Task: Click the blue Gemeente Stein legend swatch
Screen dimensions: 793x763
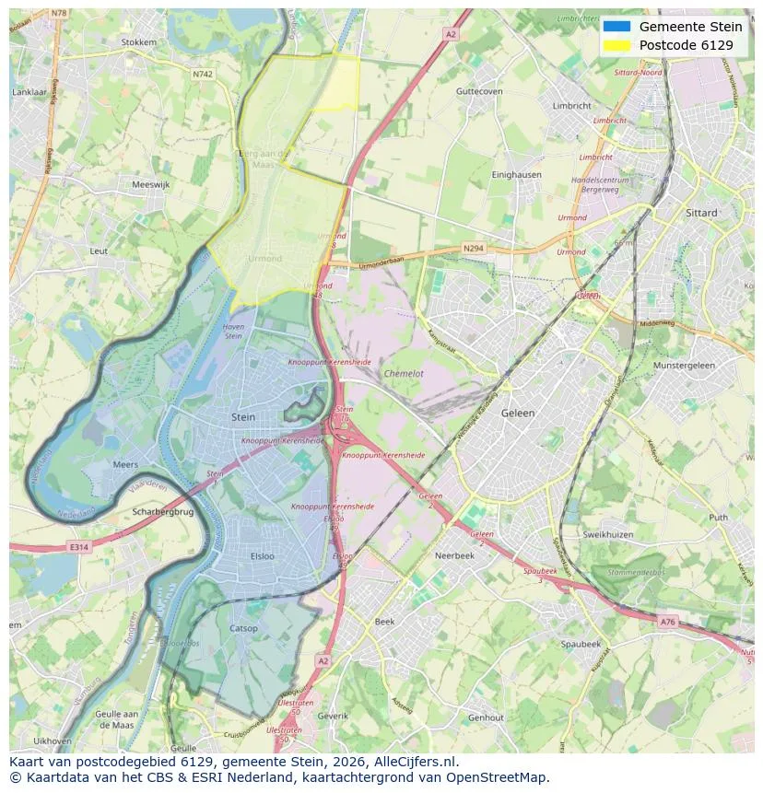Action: point(616,27)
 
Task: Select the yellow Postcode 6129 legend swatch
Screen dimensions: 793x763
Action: point(616,45)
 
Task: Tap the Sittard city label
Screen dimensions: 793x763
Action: point(702,212)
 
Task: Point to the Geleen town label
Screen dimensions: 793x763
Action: point(517,414)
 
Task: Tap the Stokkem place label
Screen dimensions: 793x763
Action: point(138,42)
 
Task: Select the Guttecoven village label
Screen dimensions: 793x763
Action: point(479,92)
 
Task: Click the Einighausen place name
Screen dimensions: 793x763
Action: point(516,174)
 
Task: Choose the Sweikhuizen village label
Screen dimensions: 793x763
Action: point(607,534)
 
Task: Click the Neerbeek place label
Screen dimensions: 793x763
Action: point(454,556)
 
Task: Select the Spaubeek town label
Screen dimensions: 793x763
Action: point(581,644)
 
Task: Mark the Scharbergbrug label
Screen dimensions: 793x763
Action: point(163,512)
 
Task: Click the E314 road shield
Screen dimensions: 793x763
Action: point(80,547)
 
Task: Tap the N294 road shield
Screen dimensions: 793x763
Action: point(473,249)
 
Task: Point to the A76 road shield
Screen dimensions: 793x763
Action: point(668,623)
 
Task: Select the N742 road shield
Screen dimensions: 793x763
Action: point(203,73)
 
